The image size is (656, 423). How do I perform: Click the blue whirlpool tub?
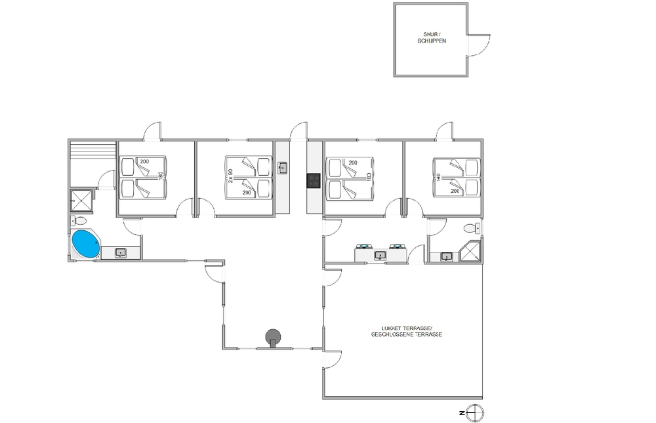coord(86,245)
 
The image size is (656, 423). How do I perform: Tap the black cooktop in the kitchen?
coord(314,181)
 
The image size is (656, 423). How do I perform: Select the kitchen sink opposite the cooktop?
coord(283,168)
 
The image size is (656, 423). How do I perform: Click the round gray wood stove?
coord(273,336)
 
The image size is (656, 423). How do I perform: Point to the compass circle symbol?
coord(475,413)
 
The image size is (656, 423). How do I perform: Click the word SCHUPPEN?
coord(432,41)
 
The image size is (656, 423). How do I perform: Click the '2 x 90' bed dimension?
coord(230,176)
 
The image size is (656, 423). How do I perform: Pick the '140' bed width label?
coord(438,178)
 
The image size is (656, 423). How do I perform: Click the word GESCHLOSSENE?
coord(388,334)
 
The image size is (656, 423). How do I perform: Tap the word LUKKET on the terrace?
coord(390,329)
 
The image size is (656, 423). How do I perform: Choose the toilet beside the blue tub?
coord(78,220)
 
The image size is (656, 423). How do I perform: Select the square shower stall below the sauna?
coord(81,201)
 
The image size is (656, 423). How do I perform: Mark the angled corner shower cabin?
coord(470,251)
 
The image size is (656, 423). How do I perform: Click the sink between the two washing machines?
coord(380,255)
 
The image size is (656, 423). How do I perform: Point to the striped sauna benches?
coord(92,154)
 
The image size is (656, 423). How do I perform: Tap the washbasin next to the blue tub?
coord(121,252)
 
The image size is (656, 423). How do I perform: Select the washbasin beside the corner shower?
coord(446,256)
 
